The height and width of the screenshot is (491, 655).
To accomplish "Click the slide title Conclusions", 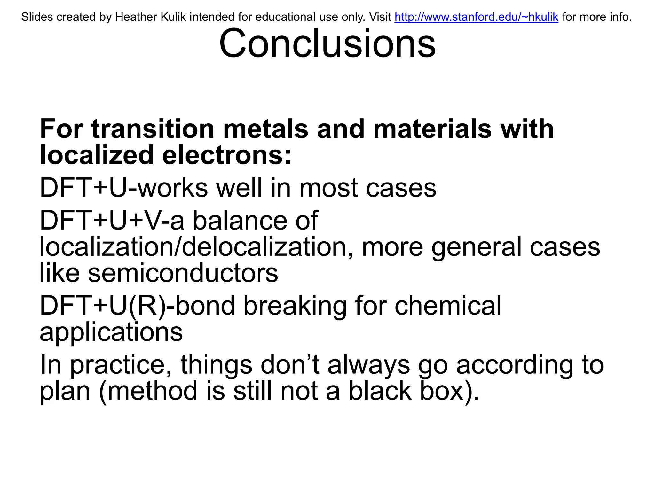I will click(327, 43).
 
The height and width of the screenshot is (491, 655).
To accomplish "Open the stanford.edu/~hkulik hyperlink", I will click(476, 17).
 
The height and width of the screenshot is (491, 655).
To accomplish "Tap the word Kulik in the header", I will click(172, 17).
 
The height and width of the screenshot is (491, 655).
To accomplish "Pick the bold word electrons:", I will click(227, 155).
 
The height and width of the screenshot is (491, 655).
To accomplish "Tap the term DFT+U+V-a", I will click(112, 221).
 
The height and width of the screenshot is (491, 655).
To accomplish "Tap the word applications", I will click(111, 332).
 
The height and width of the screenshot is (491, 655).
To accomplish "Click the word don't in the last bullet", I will click(290, 365).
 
